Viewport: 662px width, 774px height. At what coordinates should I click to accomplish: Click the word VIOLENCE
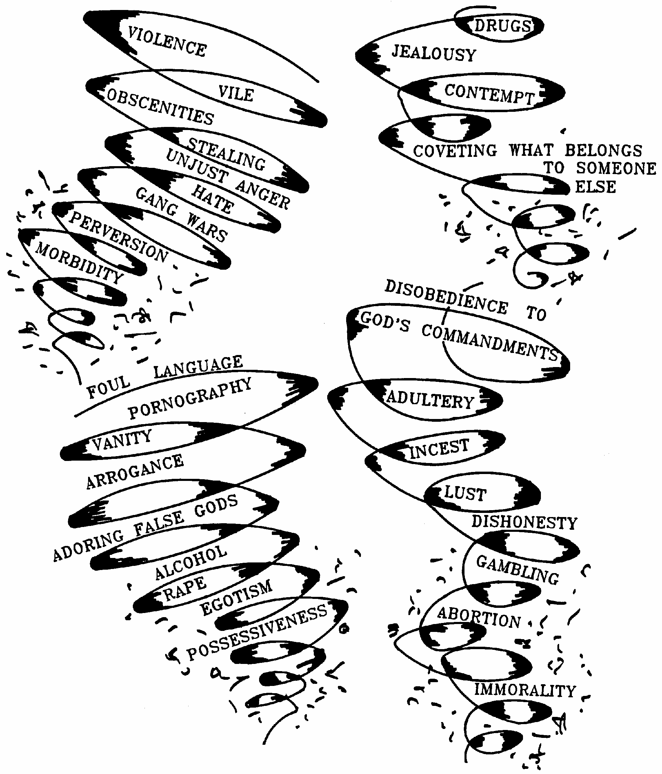click(x=167, y=42)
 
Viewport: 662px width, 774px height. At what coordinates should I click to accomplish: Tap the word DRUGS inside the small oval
click(x=502, y=26)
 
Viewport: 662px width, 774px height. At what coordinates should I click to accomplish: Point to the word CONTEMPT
click(x=489, y=94)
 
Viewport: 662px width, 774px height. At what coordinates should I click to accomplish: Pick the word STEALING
click(x=226, y=154)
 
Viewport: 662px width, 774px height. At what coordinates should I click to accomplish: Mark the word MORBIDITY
click(x=79, y=262)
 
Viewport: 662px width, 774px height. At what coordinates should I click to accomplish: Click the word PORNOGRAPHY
click(x=190, y=399)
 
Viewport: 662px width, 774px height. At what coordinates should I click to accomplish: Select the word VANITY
click(x=122, y=439)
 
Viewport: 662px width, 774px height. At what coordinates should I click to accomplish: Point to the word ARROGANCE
click(x=135, y=471)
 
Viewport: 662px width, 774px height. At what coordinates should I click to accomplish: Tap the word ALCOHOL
click(x=191, y=562)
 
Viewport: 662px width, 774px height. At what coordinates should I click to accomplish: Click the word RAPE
click(x=185, y=588)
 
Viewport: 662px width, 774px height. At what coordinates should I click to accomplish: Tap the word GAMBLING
click(x=517, y=569)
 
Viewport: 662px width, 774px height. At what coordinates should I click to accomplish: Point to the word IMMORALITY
click(x=525, y=690)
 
